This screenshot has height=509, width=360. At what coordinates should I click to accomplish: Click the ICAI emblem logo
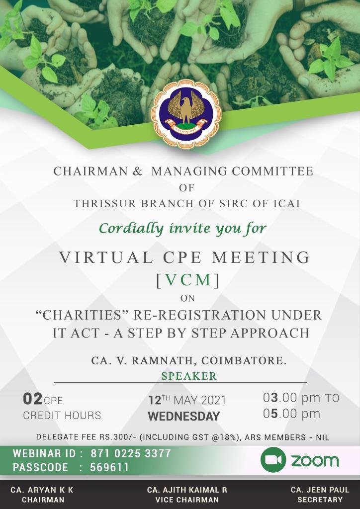pos(186,114)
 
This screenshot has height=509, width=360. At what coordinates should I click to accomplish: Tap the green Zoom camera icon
pos(273,459)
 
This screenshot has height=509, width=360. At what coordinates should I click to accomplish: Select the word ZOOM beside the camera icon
pos(315,461)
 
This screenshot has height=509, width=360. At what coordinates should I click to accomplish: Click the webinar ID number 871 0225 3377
pos(130,453)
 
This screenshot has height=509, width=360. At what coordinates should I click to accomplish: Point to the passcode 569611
pos(109,467)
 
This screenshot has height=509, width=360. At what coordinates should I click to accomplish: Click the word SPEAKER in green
pos(189,376)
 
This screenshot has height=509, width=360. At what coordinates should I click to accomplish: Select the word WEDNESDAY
pos(184,416)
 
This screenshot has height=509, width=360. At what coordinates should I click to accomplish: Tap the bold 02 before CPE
pos(32,399)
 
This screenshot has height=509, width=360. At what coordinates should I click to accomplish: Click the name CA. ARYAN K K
pos(42,490)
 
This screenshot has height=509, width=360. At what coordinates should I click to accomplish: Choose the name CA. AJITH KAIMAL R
pos(187,490)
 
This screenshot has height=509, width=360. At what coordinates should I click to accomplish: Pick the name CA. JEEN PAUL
pos(320,490)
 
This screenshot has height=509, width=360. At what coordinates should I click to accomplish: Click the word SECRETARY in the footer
pos(320,500)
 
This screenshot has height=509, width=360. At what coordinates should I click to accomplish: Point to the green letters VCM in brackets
pos(188,280)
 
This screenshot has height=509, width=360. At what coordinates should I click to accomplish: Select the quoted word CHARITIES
pos(83,315)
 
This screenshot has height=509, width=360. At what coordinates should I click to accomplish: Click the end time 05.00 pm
pos(291,414)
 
